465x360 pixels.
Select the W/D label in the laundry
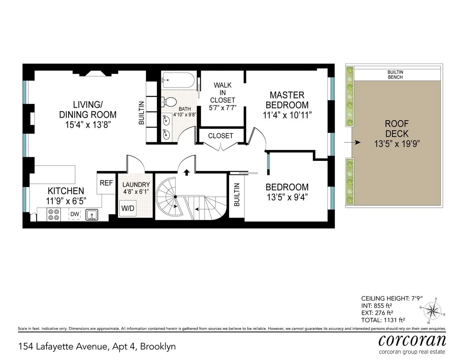pyautogui.click(x=127, y=208)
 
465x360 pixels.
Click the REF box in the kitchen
pyautogui.click(x=106, y=183)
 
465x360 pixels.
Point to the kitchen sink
pyautogui.click(x=91, y=214)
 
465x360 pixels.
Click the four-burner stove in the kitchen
pyautogui.click(x=53, y=215)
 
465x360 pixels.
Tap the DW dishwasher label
pyautogui.click(x=74, y=214)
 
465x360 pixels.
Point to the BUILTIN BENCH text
pyautogui.click(x=395, y=75)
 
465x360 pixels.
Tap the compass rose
pyautogui.click(x=432, y=310)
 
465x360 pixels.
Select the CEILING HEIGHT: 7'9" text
pyautogui.click(x=392, y=298)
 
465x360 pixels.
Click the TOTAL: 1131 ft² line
pyautogui.click(x=383, y=320)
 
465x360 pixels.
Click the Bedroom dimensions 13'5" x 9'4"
pyautogui.click(x=287, y=197)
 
